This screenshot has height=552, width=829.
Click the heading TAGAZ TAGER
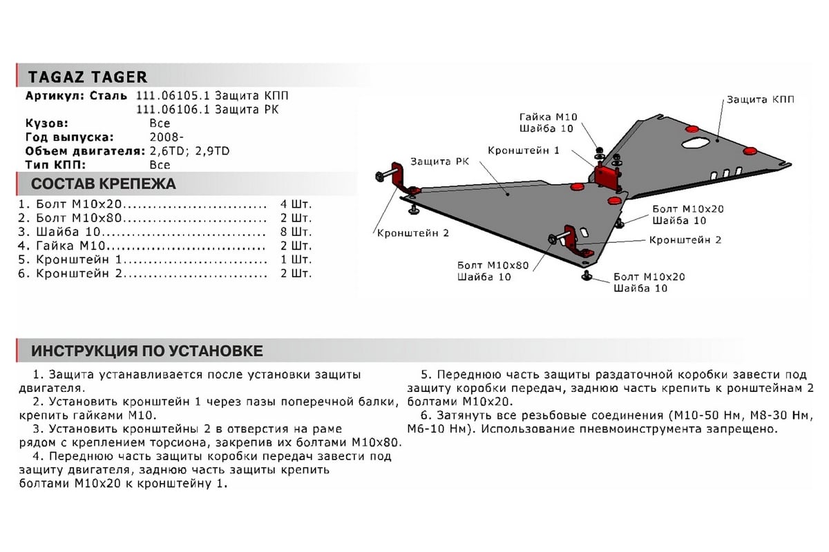[x=88, y=77]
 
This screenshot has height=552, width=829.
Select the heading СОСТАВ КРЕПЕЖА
[x=104, y=184]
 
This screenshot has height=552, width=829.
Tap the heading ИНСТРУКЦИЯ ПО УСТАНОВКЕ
[x=147, y=351]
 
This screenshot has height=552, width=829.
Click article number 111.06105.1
[x=173, y=96]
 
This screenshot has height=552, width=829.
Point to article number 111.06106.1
[x=173, y=110]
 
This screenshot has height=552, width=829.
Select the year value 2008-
[x=166, y=137]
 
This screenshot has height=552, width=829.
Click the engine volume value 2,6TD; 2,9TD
[x=189, y=152]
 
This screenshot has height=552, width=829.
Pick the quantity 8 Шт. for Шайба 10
[x=296, y=232]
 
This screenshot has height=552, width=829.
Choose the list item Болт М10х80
[x=79, y=218]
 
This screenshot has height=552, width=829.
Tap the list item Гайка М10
[x=70, y=246]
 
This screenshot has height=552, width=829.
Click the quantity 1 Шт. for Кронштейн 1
[x=296, y=259]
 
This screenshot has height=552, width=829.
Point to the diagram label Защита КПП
[x=760, y=99]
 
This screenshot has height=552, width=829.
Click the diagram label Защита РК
[x=439, y=161]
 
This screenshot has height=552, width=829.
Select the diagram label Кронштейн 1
[x=524, y=150]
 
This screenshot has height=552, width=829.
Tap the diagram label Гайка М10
[x=548, y=117]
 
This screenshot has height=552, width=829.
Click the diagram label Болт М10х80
[x=493, y=266]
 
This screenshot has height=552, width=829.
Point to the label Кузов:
[x=47, y=124]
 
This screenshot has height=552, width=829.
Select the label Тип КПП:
[x=55, y=166]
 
